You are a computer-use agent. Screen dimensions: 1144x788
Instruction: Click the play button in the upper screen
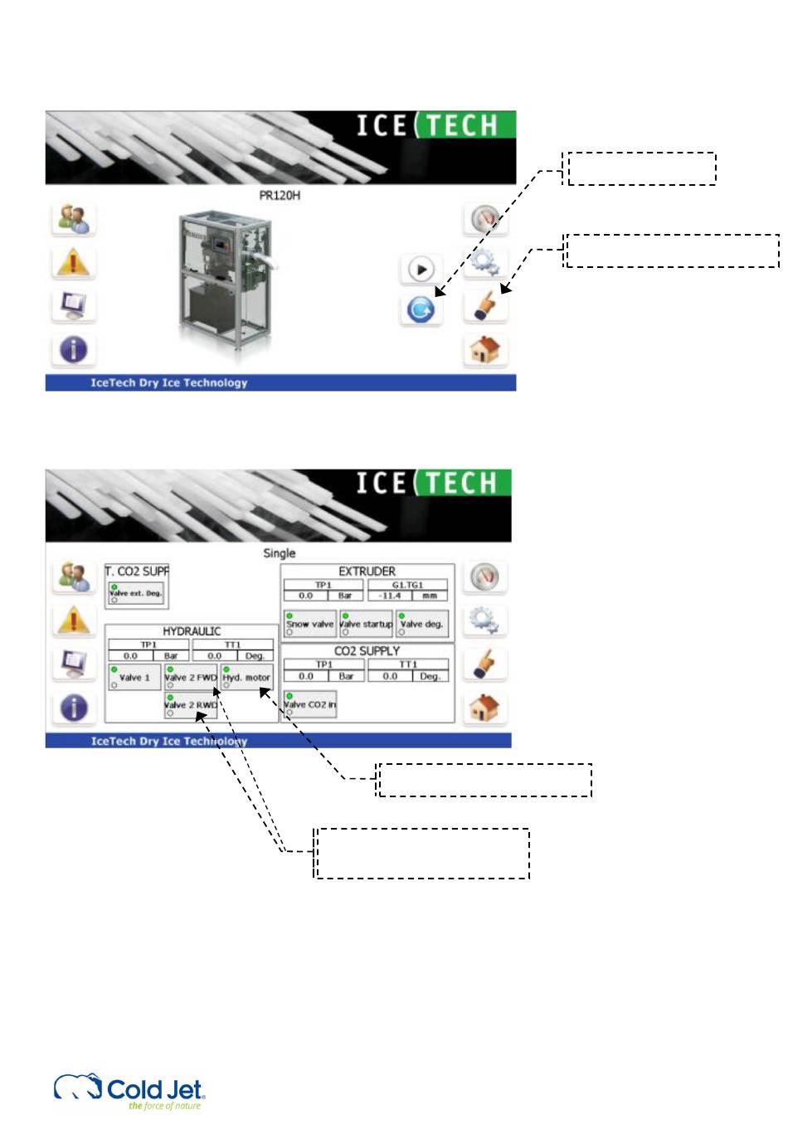click(421, 270)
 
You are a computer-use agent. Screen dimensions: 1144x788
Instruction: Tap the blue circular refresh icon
click(421, 309)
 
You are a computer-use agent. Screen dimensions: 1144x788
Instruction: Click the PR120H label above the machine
click(280, 196)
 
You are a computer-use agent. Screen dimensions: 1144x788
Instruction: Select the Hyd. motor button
click(246, 678)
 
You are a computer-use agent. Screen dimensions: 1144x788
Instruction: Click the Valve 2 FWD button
click(191, 678)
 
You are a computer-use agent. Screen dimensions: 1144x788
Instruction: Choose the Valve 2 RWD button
click(191, 705)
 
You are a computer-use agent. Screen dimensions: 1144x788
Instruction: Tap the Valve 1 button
click(134, 678)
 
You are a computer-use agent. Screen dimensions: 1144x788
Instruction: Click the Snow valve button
click(309, 624)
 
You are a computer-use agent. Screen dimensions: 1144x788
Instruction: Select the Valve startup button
click(366, 624)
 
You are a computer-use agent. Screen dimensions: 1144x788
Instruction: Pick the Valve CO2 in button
click(309, 704)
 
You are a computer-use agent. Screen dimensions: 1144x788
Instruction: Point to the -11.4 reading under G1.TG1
click(391, 596)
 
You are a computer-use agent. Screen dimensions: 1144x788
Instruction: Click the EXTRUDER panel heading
click(367, 572)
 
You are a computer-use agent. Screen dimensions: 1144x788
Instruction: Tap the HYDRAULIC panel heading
click(192, 631)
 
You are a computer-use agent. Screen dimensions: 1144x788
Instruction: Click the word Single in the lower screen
click(279, 553)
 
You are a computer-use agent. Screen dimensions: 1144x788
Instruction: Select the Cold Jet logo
click(129, 1090)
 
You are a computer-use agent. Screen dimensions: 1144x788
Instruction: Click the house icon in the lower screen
click(484, 708)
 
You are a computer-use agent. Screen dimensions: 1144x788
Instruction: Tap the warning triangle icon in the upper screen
click(73, 263)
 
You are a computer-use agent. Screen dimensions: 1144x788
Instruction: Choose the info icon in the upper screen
click(73, 349)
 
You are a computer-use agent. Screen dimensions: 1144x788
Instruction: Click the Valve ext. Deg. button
click(135, 593)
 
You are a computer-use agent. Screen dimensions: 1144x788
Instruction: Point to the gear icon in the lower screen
click(484, 620)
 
